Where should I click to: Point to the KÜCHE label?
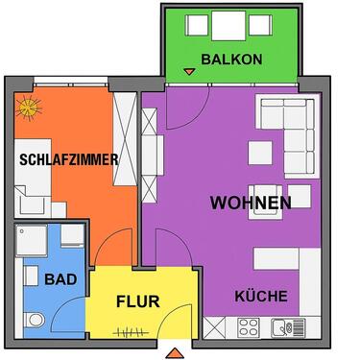[x=260, y=297]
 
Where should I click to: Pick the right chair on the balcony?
[x=264, y=25]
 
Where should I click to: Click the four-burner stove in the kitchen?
[x=248, y=326]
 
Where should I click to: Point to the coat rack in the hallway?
[x=127, y=332]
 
